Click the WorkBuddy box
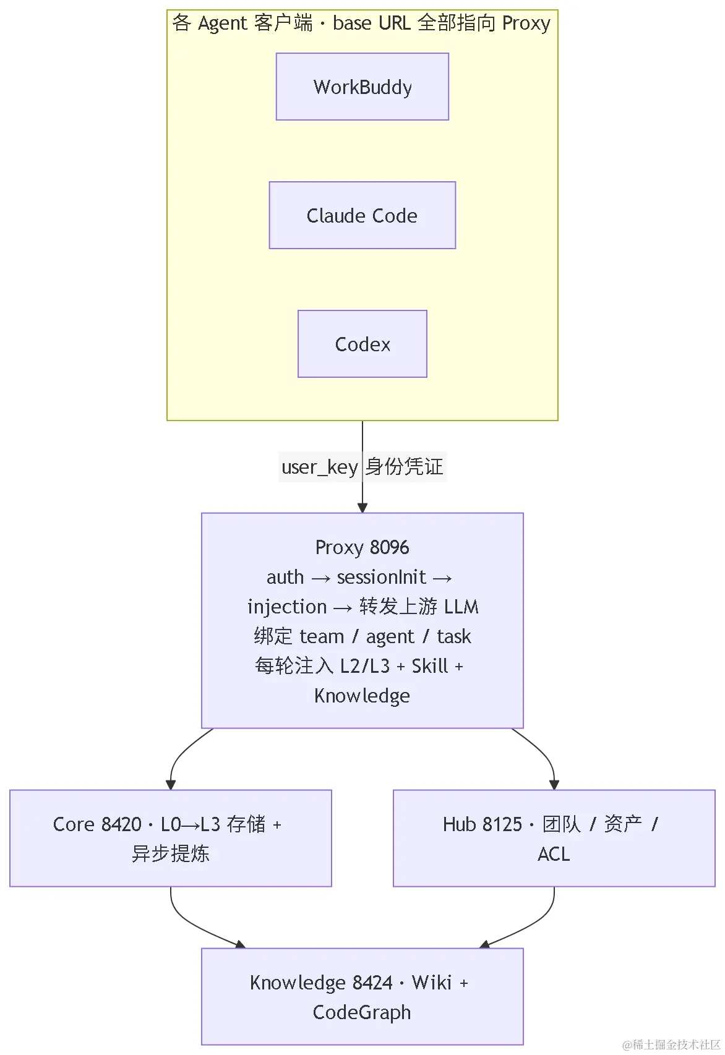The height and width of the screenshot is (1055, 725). (x=362, y=87)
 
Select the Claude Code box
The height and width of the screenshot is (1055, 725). (x=362, y=215)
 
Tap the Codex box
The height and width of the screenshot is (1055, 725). (x=362, y=344)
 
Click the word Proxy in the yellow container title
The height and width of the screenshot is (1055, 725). (x=526, y=23)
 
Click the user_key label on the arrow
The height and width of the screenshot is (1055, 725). (x=320, y=468)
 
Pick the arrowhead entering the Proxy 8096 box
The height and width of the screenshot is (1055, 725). (x=362, y=508)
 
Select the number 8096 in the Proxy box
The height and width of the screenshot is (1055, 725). (x=390, y=547)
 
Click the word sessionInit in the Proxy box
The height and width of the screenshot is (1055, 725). (x=382, y=577)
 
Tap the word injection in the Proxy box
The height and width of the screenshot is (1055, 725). (x=287, y=607)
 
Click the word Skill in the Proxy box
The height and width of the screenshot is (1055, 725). (x=430, y=666)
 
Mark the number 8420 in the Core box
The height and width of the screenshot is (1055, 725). (x=121, y=824)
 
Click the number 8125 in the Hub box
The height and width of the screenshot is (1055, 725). (x=502, y=824)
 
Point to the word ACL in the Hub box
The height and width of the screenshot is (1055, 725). (x=554, y=854)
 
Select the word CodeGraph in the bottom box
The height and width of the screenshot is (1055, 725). (x=362, y=1012)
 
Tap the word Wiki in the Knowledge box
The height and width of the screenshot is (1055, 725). (x=432, y=983)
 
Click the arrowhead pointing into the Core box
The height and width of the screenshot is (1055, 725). (x=171, y=785)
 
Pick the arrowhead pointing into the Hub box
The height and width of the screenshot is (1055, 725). (x=554, y=785)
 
